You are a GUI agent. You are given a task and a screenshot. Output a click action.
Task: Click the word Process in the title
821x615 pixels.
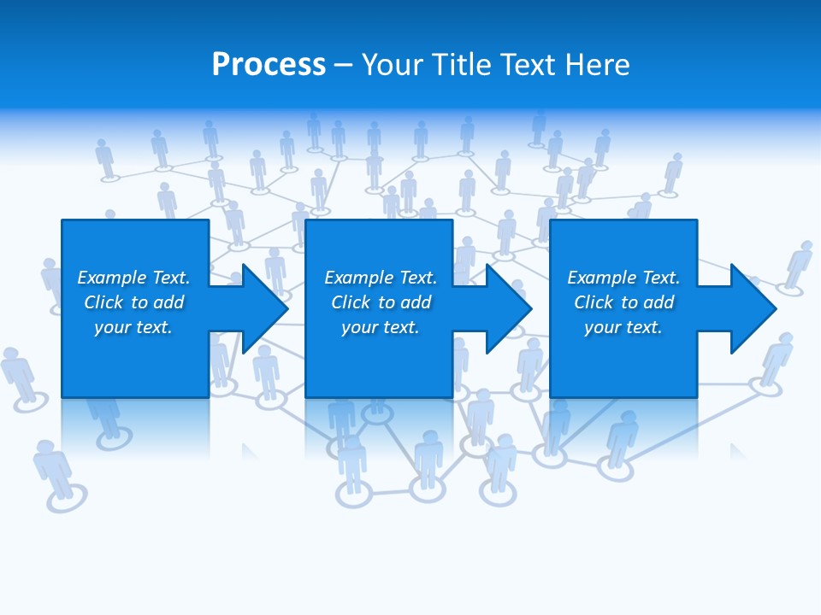pos(269,65)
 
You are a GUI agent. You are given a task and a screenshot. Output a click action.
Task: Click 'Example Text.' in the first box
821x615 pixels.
pos(133,278)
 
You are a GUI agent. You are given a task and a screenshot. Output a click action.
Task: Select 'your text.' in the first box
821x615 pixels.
pos(133,327)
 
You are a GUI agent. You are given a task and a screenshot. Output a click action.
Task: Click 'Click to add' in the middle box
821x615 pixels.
pos(381,302)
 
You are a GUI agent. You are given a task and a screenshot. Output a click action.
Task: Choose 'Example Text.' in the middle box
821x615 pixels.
pos(381,278)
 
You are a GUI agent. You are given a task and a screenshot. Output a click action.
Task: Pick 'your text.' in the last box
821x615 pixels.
pos(623,327)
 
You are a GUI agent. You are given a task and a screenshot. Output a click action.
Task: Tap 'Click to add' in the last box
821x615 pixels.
pos(623,302)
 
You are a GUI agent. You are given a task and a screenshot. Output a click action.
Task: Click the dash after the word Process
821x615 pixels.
pos(342,66)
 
